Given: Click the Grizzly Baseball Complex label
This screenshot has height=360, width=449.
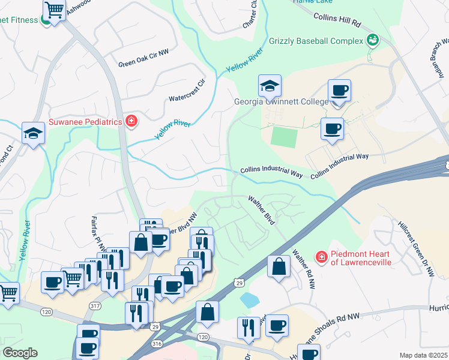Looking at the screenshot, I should click(316, 41).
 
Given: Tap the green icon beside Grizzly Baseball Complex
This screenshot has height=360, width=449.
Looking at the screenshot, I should click(373, 40).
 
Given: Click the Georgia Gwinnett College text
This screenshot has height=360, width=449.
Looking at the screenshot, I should click(281, 101).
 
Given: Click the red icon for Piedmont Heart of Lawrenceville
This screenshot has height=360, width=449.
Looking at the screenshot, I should click(322, 257).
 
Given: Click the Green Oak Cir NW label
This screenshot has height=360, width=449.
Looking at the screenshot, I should click(143, 64).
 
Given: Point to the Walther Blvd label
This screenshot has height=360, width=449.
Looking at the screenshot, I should click(262, 210).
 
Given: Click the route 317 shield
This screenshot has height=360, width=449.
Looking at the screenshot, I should click(95, 306).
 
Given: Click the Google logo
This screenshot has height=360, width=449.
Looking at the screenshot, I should click(20, 353).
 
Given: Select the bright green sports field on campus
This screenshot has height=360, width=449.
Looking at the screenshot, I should click(284, 137).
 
